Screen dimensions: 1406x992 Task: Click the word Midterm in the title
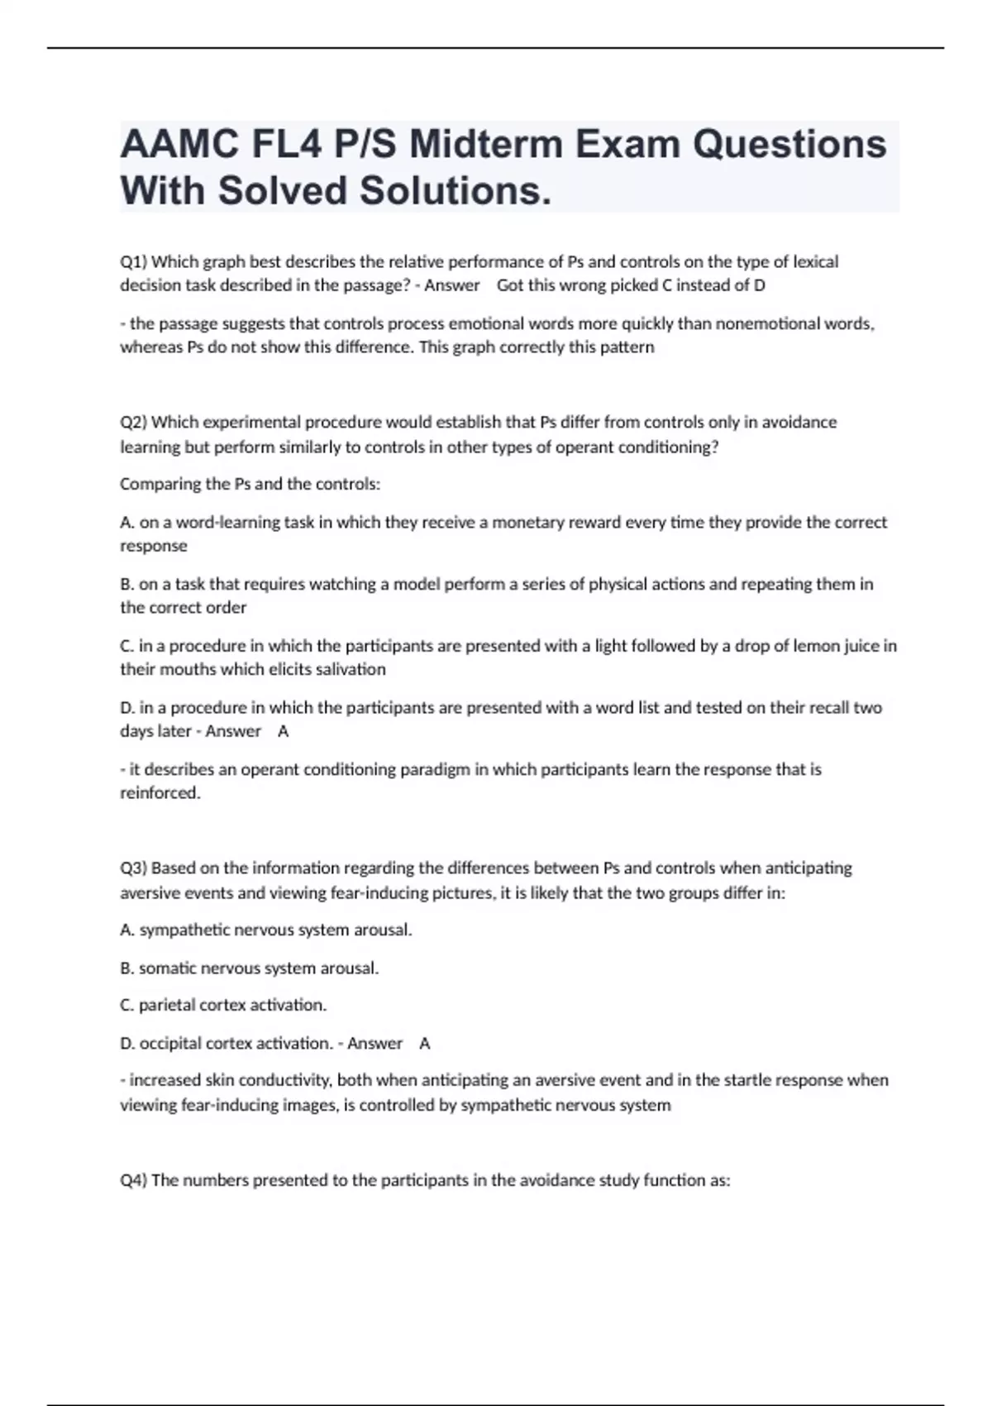[x=485, y=145]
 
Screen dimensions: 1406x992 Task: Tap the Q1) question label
[x=134, y=262]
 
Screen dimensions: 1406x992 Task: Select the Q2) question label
[x=134, y=423]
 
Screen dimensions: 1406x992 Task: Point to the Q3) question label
[x=134, y=868]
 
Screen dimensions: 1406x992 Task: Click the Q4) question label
[x=134, y=1180]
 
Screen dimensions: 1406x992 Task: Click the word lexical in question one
[x=816, y=262]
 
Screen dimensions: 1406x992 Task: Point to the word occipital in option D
[x=171, y=1044]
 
